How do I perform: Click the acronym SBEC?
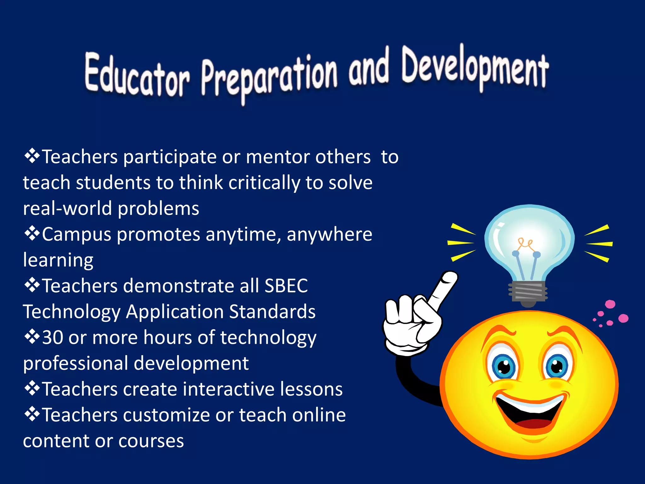click(x=286, y=286)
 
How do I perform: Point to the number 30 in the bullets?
click(x=53, y=337)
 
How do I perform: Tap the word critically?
click(x=264, y=183)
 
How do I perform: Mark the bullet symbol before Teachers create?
click(x=32, y=389)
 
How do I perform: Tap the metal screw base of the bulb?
click(x=528, y=291)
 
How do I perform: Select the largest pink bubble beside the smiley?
click(x=623, y=318)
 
